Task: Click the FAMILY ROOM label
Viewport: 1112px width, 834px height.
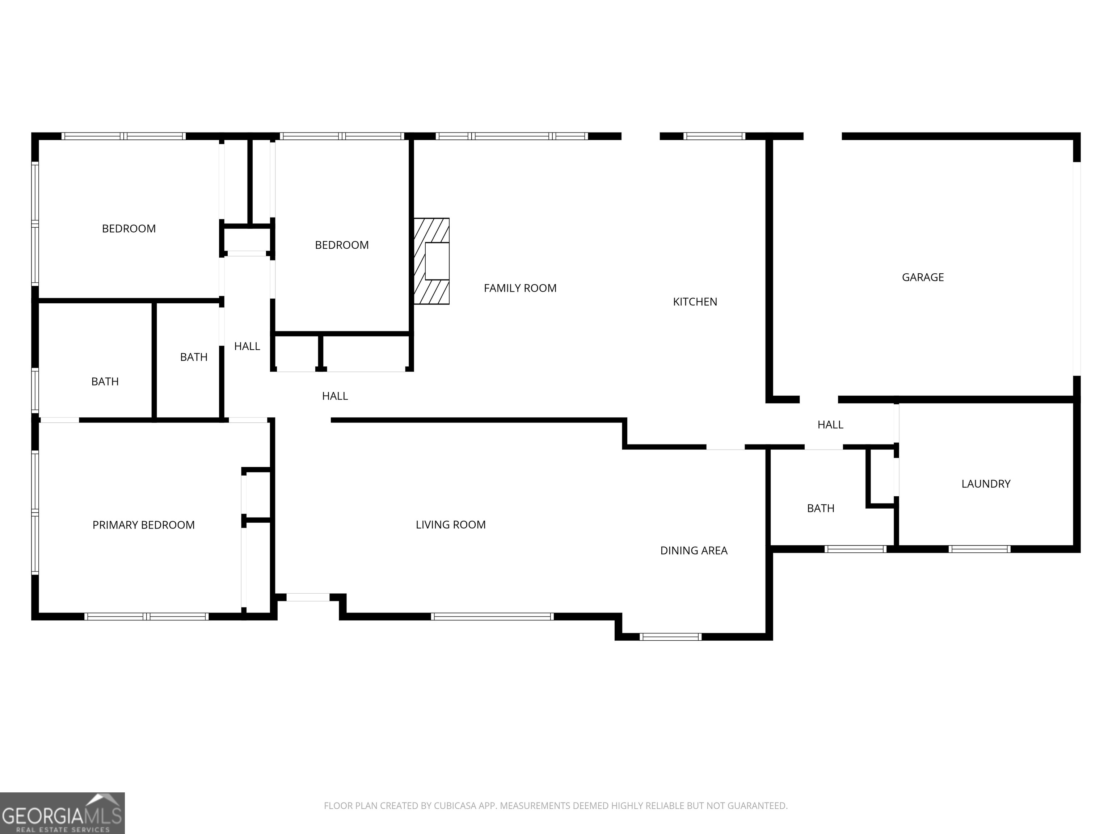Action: click(x=520, y=288)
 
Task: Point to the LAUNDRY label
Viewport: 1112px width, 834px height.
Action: click(x=985, y=484)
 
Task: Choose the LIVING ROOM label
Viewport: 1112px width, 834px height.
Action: click(x=450, y=525)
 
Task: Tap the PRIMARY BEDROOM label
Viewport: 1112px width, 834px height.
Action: click(x=143, y=525)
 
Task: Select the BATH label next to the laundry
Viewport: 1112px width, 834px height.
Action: click(x=821, y=508)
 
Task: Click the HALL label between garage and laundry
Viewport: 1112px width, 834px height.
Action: click(x=830, y=425)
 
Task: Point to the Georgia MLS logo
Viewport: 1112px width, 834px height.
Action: click(x=62, y=813)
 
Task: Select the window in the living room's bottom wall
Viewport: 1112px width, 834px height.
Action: click(x=492, y=617)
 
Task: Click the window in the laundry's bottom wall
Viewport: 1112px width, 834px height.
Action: click(x=979, y=549)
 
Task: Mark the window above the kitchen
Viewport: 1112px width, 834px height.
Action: click(x=714, y=136)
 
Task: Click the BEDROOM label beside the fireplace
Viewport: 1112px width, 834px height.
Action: click(x=341, y=245)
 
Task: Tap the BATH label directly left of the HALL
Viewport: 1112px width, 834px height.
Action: click(x=194, y=357)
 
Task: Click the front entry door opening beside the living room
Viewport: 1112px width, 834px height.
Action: click(x=308, y=597)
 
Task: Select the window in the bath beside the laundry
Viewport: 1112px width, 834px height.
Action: click(x=855, y=549)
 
